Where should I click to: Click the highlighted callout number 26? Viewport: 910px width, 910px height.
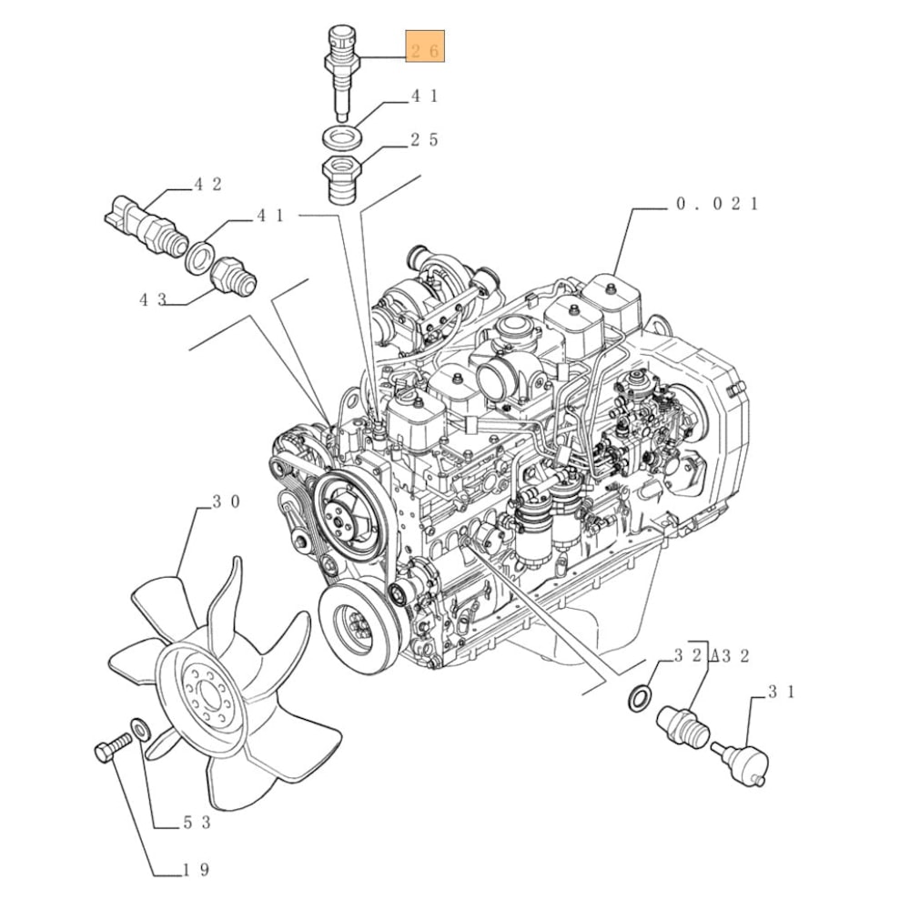coord(425,50)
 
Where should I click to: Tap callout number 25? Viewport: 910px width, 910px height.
coord(425,140)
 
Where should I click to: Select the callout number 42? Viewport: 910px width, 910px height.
coord(207,185)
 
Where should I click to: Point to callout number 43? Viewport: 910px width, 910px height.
coord(153,299)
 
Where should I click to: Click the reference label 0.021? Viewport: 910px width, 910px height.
coord(718,204)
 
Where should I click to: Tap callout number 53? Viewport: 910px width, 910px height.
coord(197,822)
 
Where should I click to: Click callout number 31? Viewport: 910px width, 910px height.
coord(781,692)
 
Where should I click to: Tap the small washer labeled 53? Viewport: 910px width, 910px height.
coord(140,730)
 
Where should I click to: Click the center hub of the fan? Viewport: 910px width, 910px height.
coord(204,693)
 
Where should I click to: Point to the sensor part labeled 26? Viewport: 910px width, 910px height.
coord(342,73)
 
